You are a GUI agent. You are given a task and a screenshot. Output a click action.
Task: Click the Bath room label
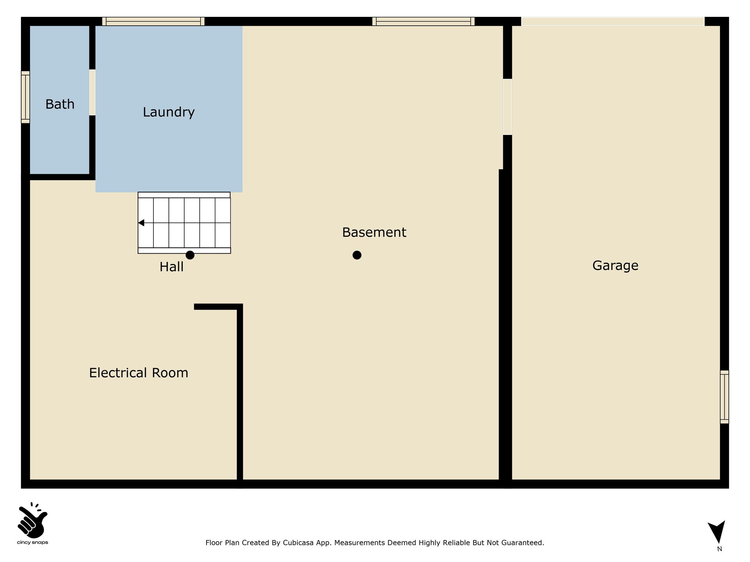60,104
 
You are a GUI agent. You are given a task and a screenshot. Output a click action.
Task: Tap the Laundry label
168,112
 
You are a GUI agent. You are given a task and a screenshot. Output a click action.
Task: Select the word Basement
374,232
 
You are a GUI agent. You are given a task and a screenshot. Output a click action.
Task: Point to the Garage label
615,266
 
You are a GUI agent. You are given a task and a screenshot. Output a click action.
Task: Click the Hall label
171,267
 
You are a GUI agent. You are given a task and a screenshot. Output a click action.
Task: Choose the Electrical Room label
138,373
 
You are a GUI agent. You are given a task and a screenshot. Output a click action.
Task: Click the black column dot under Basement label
357,255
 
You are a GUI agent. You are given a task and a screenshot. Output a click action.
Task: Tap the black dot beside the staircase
190,255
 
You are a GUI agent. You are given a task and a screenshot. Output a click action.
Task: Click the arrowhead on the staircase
141,223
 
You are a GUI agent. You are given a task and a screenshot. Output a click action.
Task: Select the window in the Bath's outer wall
25,97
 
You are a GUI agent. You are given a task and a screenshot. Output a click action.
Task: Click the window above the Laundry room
153,21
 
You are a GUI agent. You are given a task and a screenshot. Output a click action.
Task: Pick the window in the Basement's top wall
423,21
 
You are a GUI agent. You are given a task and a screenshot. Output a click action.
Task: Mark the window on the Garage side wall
724,397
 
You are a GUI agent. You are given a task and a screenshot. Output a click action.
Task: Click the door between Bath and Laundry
92,93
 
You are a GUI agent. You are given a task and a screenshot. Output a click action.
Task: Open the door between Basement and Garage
507,107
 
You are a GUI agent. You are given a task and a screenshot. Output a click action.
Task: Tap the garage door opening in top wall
613,21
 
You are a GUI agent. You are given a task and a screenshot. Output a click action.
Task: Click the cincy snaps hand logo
33,520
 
